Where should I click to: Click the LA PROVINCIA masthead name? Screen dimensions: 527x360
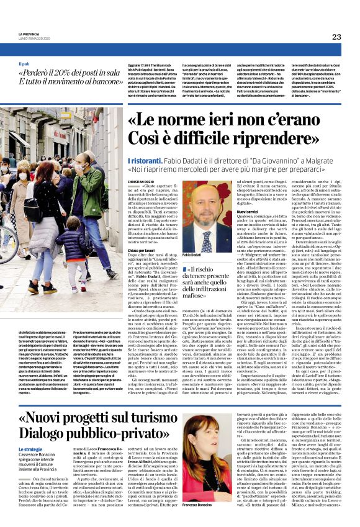click(29, 33)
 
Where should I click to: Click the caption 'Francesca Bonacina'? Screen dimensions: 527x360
click(199, 505)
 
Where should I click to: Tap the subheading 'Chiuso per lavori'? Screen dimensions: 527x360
click(143, 251)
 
